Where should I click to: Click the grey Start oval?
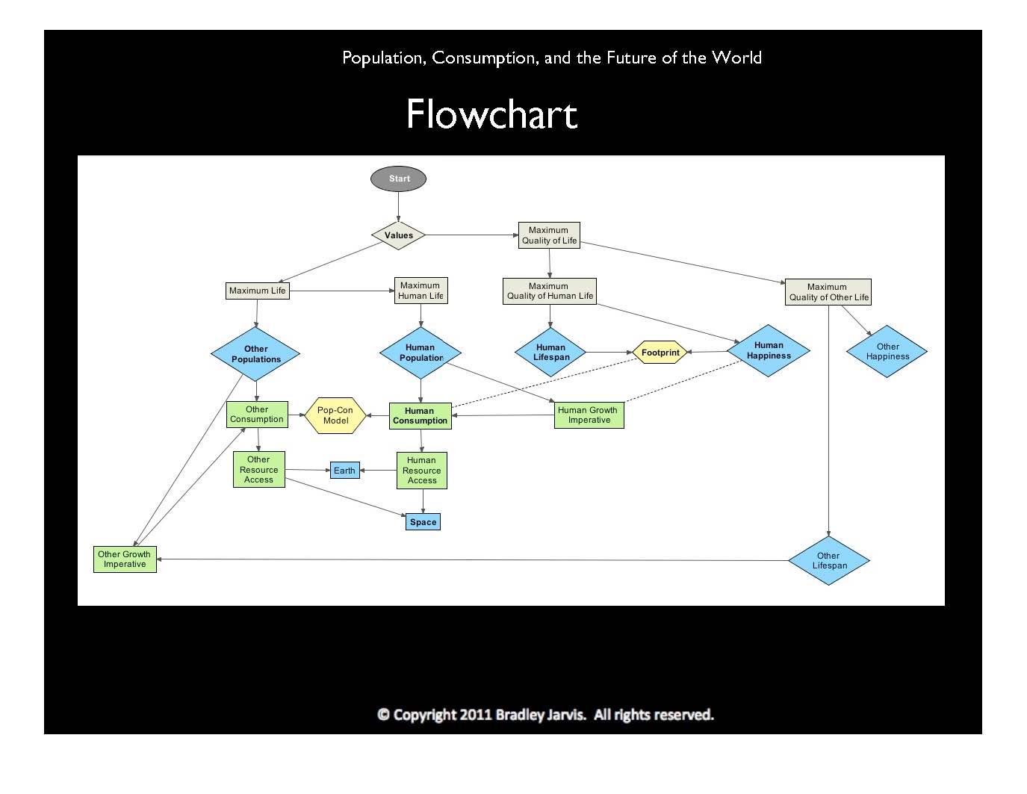[x=399, y=179]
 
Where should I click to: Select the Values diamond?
[x=399, y=235]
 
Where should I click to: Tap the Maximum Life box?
[x=257, y=291]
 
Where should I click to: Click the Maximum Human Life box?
[x=421, y=290]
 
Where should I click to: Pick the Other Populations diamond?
[x=255, y=353]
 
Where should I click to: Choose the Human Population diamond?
[x=421, y=353]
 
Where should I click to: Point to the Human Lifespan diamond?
[x=551, y=352]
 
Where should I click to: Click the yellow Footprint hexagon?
[x=660, y=353]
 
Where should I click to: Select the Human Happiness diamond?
[x=769, y=350]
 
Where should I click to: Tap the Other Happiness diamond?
[x=887, y=351]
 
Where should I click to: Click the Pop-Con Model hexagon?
[x=335, y=415]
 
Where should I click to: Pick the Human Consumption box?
[x=420, y=415]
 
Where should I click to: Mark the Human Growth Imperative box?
[x=589, y=415]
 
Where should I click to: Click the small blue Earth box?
[x=344, y=471]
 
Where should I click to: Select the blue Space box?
[x=423, y=522]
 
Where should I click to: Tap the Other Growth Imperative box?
[x=125, y=559]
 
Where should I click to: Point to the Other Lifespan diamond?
[x=829, y=560]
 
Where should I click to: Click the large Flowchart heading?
[x=491, y=115]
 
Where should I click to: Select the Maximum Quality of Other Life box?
[x=828, y=292]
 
